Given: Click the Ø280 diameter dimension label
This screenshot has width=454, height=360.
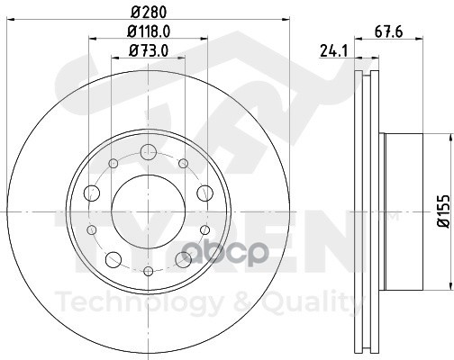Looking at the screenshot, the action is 149,13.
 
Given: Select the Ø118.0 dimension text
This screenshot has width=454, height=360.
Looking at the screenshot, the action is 149,31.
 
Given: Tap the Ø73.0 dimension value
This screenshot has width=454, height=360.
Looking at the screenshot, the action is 149,50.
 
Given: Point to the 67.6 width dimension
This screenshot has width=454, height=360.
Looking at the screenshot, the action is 388,31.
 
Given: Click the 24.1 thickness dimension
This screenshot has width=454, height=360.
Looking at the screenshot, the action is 333,50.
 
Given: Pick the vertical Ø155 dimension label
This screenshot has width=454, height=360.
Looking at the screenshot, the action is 444,211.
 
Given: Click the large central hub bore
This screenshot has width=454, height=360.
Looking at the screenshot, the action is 149,211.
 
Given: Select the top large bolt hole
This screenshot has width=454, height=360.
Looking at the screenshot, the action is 149,152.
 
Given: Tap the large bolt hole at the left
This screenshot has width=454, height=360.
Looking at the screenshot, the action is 92,193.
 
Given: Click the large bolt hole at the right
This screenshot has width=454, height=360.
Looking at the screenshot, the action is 204,193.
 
